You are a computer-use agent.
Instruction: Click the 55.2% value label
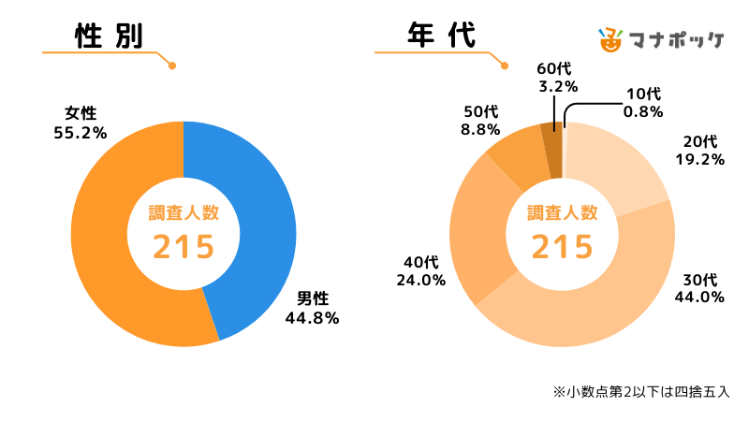81,133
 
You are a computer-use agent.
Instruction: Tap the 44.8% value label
312,317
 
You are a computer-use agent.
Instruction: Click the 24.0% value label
419,280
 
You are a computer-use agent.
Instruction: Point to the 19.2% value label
699,159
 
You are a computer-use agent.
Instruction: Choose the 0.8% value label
643,112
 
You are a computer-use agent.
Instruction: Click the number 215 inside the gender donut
184,247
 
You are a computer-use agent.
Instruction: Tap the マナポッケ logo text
680,40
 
